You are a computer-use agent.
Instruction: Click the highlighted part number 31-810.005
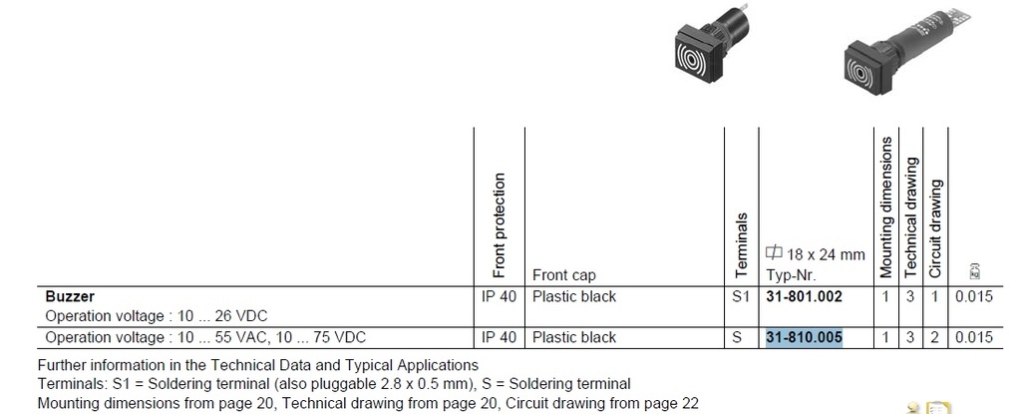pyautogui.click(x=804, y=337)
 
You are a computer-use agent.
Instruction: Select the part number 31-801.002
pyautogui.click(x=804, y=296)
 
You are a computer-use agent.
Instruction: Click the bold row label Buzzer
pyautogui.click(x=71, y=296)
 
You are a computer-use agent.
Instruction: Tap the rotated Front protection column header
pyautogui.click(x=500, y=224)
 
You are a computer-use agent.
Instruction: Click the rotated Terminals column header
pyautogui.click(x=739, y=243)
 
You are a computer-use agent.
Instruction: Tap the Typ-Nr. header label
pyautogui.click(x=790, y=274)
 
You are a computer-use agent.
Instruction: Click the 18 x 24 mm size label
pyautogui.click(x=802, y=255)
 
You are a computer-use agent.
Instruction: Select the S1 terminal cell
pyautogui.click(x=738, y=296)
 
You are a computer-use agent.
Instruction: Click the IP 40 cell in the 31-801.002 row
pyautogui.click(x=499, y=296)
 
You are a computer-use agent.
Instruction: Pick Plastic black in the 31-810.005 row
pyautogui.click(x=574, y=337)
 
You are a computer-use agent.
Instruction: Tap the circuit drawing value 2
pyautogui.click(x=935, y=337)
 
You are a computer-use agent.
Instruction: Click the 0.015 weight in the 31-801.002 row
pyautogui.click(x=973, y=296)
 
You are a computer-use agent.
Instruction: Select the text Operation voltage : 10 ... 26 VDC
pyautogui.click(x=157, y=315)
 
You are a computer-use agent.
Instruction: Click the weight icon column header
pyautogui.click(x=973, y=270)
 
